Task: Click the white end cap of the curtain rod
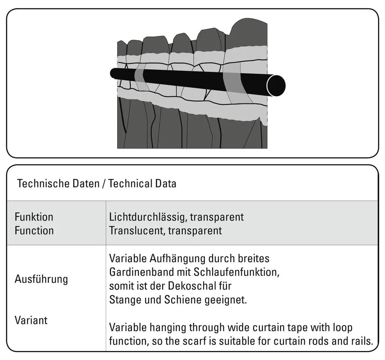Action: pos(275,85)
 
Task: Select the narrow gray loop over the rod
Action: pos(140,76)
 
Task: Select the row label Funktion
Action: pos(34,216)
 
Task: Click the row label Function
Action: pos(34,230)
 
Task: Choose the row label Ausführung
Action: pos(41,279)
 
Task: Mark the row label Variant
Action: pos(31,320)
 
